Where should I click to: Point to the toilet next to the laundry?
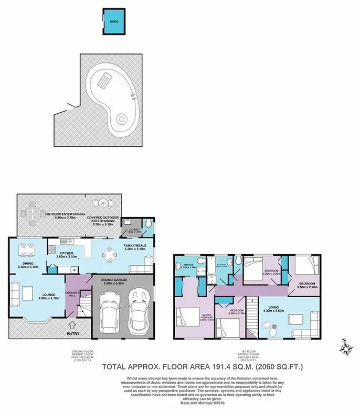click(149, 226)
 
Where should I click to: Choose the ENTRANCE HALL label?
click(71, 294)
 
